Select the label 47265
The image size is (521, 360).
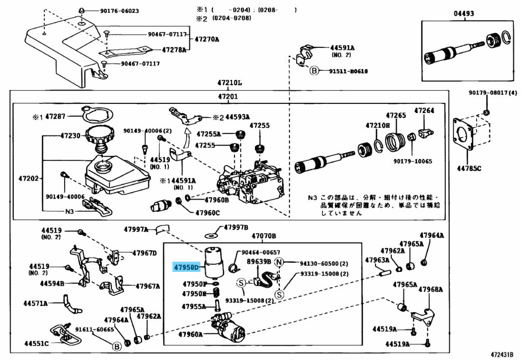395,116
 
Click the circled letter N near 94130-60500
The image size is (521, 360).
279,263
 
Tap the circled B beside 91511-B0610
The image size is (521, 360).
314,71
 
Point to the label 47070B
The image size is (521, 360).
264,236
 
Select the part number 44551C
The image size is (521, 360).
36,343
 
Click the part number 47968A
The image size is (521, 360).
431,290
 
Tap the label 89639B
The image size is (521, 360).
258,262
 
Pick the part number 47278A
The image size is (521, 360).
174,50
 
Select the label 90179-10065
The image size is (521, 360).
412,161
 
